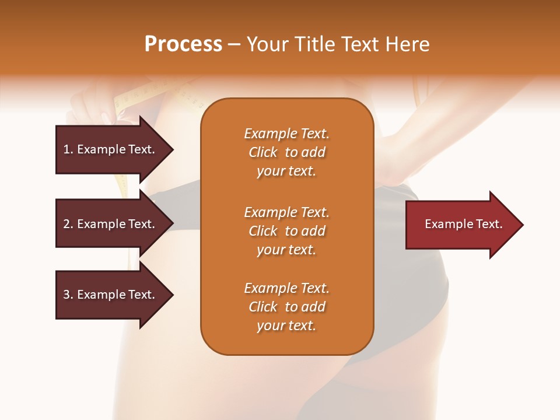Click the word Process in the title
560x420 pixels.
pyautogui.click(x=183, y=44)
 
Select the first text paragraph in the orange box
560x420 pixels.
pyautogui.click(x=286, y=152)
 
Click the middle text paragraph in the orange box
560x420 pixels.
pyautogui.click(x=286, y=231)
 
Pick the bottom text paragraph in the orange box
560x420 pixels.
pyautogui.click(x=286, y=307)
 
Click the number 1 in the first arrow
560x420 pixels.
pyautogui.click(x=66, y=149)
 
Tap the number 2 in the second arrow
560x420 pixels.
pyautogui.click(x=66, y=224)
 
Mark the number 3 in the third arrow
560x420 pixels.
pyautogui.click(x=66, y=295)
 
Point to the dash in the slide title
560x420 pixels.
pyautogui.click(x=234, y=45)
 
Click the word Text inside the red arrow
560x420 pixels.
pyautogui.click(x=489, y=224)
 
